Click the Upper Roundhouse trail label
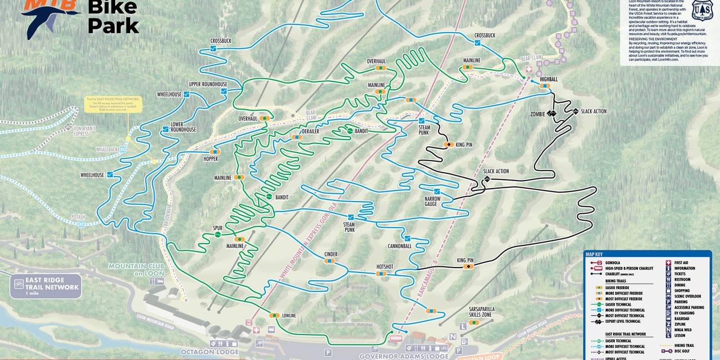coord(208,84)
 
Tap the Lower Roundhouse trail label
coord(183,127)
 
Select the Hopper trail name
coord(210,159)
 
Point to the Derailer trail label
coord(310,131)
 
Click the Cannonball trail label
coord(399,246)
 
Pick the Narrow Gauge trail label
coord(431,201)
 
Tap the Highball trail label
coord(548,79)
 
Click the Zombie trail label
coord(537,114)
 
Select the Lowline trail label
coord(289,315)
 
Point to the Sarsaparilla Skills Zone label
coord(474,312)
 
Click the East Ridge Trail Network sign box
coord(46,286)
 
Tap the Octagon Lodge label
coord(209,352)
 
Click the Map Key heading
coord(598,254)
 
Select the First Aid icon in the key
coord(668,263)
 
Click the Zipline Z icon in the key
coord(668,324)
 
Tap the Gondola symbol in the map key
coord(596,263)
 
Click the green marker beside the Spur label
coord(218,235)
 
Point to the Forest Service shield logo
coord(702,9)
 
